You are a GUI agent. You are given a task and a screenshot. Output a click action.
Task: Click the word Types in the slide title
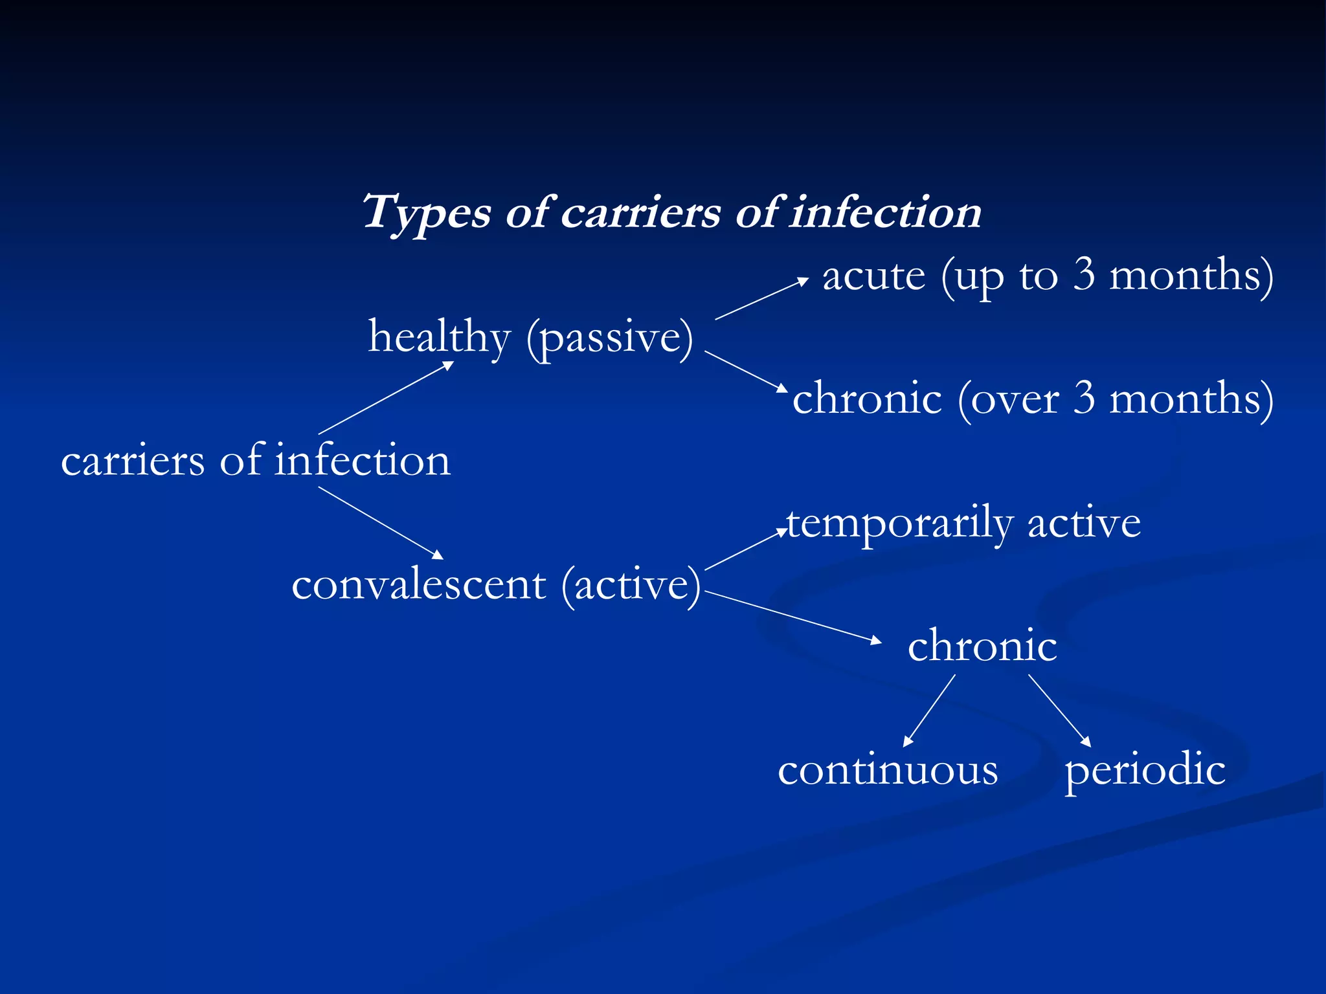click(426, 213)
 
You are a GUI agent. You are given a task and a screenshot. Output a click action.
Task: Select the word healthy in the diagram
click(439, 337)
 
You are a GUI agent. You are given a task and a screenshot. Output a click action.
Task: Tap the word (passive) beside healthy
click(609, 338)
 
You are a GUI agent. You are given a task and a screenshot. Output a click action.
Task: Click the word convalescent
click(418, 584)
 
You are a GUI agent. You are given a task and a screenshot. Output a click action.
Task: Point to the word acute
click(873, 276)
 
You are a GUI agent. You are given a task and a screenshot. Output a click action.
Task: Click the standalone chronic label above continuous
click(982, 646)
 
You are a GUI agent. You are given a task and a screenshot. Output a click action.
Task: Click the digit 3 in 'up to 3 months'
click(1084, 275)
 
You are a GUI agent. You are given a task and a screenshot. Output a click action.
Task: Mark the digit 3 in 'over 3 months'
click(1084, 399)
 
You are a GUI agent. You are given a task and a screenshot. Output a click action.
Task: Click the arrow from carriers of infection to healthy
click(386, 397)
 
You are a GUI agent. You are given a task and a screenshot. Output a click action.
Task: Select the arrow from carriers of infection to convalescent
click(381, 523)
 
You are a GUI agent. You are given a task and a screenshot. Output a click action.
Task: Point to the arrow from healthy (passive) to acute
click(761, 299)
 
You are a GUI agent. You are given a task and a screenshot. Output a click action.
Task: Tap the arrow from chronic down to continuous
click(929, 711)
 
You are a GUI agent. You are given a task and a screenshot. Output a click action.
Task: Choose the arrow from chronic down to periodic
click(1059, 711)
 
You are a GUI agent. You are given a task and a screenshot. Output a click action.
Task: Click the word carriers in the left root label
click(133, 461)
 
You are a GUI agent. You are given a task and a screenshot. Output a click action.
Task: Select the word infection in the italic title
click(885, 213)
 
